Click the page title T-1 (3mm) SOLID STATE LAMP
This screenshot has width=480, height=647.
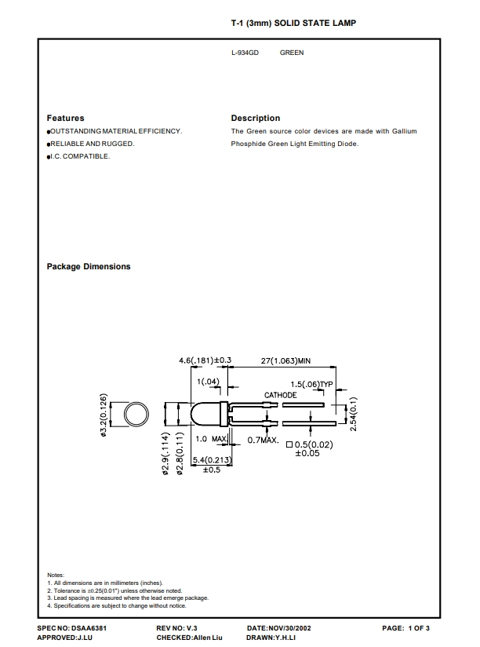(x=293, y=23)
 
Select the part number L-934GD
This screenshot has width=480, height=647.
(x=245, y=53)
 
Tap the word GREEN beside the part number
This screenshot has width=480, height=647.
(x=292, y=53)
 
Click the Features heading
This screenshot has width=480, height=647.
(x=66, y=118)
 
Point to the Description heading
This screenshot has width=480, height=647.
(x=256, y=118)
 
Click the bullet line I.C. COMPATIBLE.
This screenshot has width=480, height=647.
(x=78, y=156)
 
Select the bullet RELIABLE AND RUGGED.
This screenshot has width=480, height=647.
(x=91, y=144)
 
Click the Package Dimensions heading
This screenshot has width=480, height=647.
(x=89, y=266)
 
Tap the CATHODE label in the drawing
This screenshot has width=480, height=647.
(x=280, y=395)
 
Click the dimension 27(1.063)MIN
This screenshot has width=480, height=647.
(x=285, y=360)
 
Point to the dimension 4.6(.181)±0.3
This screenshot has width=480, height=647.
(x=205, y=360)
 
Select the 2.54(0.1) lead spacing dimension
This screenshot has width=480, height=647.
(x=353, y=414)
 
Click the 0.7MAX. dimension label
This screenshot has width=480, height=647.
(x=263, y=440)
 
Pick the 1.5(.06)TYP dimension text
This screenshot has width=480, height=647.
(x=311, y=384)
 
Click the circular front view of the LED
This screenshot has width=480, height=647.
(x=136, y=415)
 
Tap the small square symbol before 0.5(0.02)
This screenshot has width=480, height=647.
(x=289, y=444)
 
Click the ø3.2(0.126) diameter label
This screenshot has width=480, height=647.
(x=104, y=415)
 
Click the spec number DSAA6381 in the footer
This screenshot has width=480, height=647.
(x=89, y=628)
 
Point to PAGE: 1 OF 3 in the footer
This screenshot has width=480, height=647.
(x=405, y=628)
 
